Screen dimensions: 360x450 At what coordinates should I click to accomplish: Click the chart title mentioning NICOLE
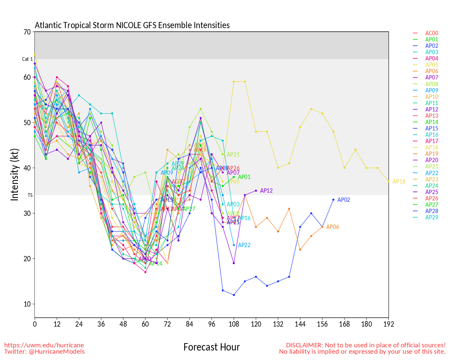point(132,25)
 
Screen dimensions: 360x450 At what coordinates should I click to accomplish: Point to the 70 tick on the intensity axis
point(27,32)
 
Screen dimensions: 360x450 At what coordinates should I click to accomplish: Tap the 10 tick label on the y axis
point(27,304)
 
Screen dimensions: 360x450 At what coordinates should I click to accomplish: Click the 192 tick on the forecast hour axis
point(388,324)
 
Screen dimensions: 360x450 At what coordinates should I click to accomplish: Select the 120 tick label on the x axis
point(256,324)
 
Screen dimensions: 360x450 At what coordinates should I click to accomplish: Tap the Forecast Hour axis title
point(211,347)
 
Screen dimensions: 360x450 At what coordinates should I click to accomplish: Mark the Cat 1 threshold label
point(27,59)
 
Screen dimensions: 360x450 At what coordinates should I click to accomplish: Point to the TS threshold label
point(30,195)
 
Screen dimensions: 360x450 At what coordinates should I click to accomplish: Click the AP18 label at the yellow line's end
point(399,182)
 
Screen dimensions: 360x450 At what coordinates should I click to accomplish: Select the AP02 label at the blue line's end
point(343,200)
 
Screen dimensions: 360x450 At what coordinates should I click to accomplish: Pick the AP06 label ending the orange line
point(333,227)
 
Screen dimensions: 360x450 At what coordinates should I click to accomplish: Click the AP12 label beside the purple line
point(266,191)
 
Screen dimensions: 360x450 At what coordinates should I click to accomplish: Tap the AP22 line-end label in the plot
point(244,245)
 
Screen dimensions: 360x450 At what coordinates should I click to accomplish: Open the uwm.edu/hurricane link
point(44,345)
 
